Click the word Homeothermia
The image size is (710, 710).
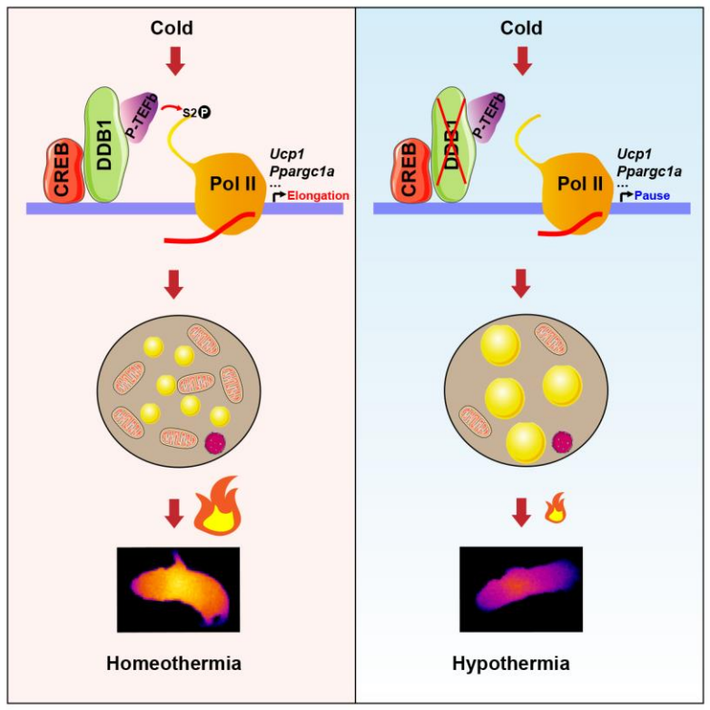click(x=173, y=663)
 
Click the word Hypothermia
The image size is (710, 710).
click(x=510, y=663)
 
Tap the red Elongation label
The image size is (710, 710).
click(x=318, y=194)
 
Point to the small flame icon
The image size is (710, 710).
click(x=551, y=514)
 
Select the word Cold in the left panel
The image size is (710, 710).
click(x=172, y=28)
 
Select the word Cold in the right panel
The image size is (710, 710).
click(x=522, y=28)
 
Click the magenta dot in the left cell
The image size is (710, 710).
click(x=216, y=443)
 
